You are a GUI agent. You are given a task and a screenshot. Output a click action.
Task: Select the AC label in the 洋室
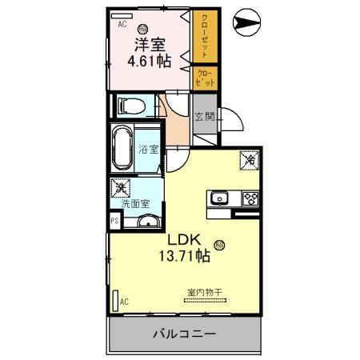(x=123, y=24)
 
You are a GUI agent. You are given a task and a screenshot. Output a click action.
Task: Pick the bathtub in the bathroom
(x=122, y=146)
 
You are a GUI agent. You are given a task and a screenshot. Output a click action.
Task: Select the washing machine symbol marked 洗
(x=121, y=189)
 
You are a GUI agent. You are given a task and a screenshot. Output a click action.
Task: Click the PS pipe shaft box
(x=114, y=221)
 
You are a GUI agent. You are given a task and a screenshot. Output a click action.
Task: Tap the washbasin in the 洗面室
(x=146, y=222)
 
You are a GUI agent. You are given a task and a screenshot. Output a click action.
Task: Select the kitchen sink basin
(x=221, y=198)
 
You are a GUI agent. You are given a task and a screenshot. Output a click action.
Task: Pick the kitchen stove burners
(x=249, y=198)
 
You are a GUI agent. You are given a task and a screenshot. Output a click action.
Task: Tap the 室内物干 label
(x=204, y=291)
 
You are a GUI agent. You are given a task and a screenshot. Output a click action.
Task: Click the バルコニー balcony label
(x=183, y=332)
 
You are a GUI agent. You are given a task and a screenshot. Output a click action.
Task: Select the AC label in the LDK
(x=125, y=301)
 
